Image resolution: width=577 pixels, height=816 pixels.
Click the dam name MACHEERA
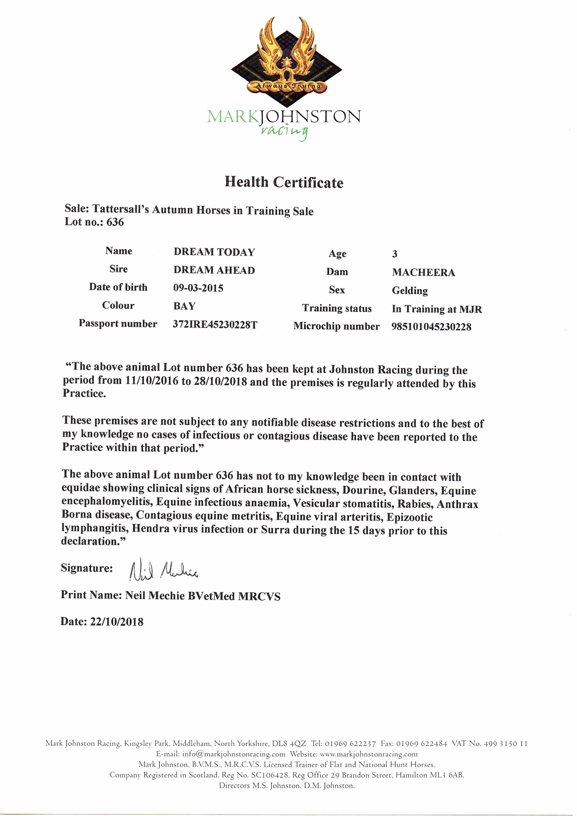423,273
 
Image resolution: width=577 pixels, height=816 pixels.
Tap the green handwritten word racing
284,132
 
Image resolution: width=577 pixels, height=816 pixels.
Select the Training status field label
337,308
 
